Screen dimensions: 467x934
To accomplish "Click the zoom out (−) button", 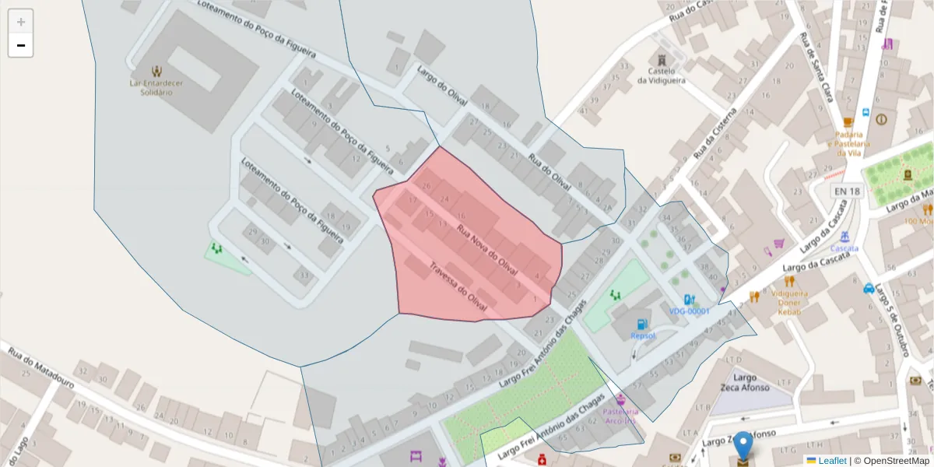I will point(21,46).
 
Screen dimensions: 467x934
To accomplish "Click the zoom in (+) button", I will point(21,22).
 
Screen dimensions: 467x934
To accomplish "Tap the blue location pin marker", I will point(743,447).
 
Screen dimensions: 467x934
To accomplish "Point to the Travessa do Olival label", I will point(458,293).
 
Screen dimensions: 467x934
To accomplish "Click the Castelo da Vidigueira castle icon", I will point(662,60).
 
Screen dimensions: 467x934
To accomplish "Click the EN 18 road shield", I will point(847,191).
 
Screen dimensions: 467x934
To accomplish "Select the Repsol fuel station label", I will point(643,335).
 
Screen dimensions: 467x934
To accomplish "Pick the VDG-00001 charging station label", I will point(689,311).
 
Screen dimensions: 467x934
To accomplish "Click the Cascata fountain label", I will point(844,248).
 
